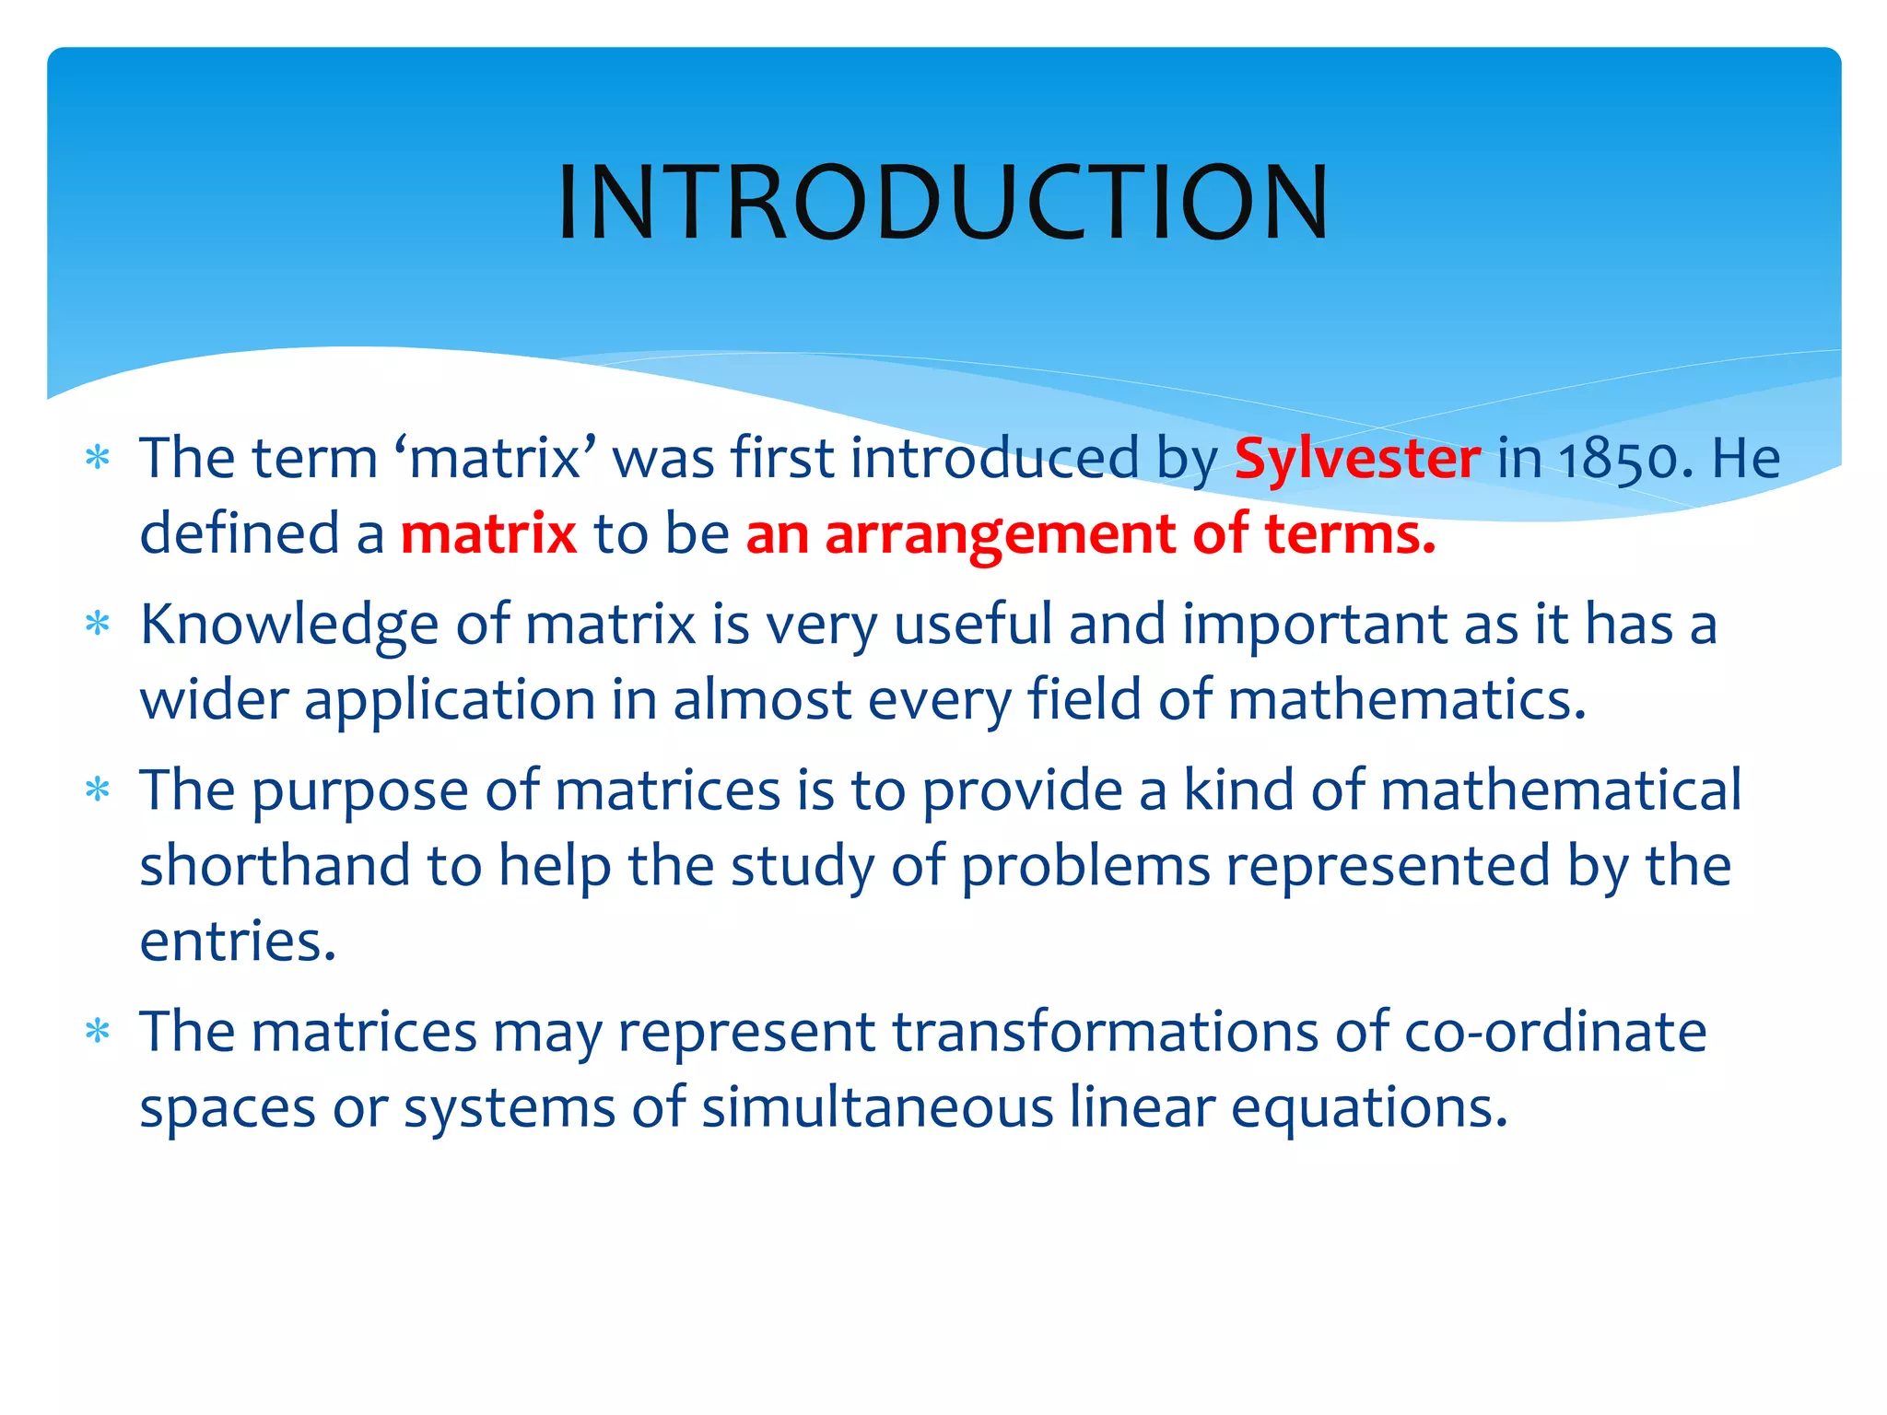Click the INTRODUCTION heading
pyautogui.click(x=943, y=203)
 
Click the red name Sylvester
pyautogui.click(x=1357, y=458)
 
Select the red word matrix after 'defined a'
pyautogui.click(x=488, y=534)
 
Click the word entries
pyautogui.click(x=238, y=942)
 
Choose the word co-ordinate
pyautogui.click(x=1554, y=1033)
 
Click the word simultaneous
pyautogui.click(x=877, y=1108)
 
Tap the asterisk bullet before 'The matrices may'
pyautogui.click(x=98, y=1032)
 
